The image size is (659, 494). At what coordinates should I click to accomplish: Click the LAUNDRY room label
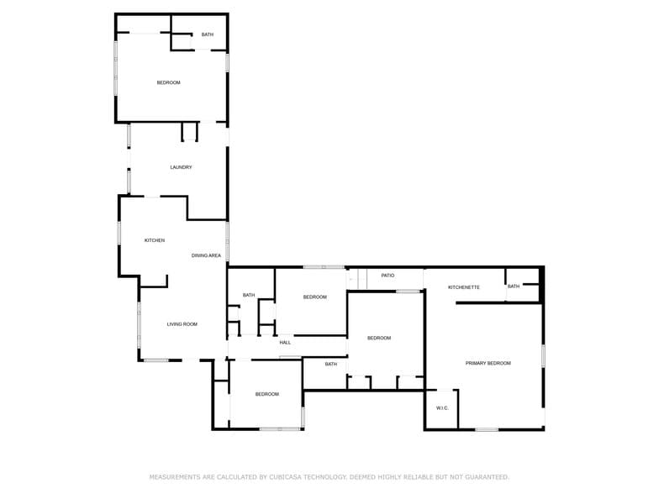click(x=181, y=167)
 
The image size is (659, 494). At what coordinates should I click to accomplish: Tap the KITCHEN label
click(x=155, y=240)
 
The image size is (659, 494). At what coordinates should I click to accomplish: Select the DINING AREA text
click(x=206, y=255)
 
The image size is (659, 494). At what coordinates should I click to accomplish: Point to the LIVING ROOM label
click(x=182, y=324)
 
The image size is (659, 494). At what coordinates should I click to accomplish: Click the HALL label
click(x=285, y=343)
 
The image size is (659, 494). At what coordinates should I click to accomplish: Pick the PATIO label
click(x=387, y=275)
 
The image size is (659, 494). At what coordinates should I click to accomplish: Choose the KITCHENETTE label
click(x=463, y=287)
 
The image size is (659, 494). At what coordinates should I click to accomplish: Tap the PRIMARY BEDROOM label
click(x=488, y=363)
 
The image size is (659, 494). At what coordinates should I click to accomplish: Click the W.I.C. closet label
click(x=442, y=408)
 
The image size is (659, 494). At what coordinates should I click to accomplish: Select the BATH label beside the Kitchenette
click(x=513, y=286)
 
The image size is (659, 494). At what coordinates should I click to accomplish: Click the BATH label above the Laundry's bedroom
click(x=207, y=34)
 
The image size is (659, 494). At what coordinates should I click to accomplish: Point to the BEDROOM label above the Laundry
click(x=168, y=82)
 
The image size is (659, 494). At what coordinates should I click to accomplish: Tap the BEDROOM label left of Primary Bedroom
click(x=379, y=338)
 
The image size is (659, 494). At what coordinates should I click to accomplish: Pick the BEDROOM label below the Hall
click(x=267, y=394)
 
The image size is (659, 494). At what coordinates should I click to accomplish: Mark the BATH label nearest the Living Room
click(x=249, y=295)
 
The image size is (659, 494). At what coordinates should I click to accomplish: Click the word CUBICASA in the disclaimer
click(x=288, y=476)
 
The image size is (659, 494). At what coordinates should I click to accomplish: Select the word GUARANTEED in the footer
click(x=482, y=476)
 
